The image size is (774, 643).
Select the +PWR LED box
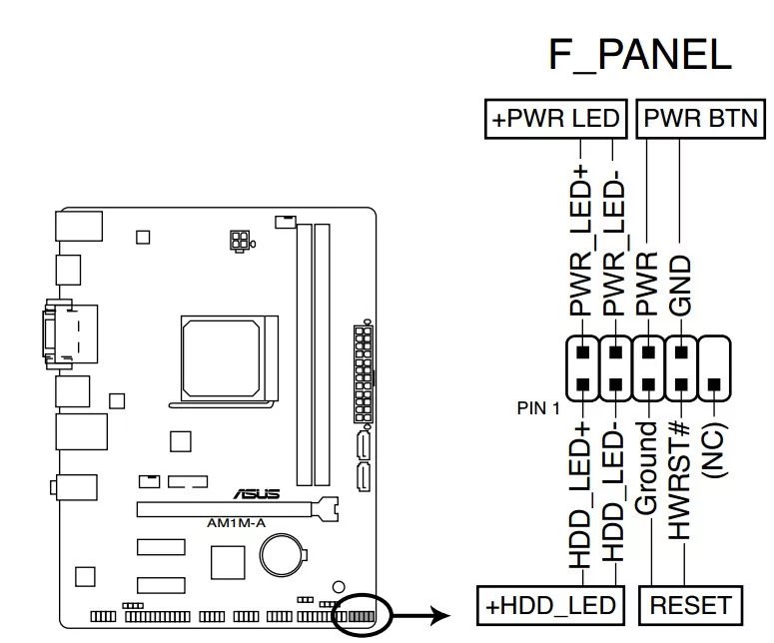(x=555, y=120)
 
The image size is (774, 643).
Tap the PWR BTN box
(x=699, y=120)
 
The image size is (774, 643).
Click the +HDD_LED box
(x=552, y=605)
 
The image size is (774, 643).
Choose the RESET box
(x=690, y=605)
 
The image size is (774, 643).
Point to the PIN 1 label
(x=538, y=407)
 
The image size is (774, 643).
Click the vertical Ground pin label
(x=648, y=469)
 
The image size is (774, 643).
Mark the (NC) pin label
(x=714, y=449)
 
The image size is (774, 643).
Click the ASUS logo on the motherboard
(x=257, y=493)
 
